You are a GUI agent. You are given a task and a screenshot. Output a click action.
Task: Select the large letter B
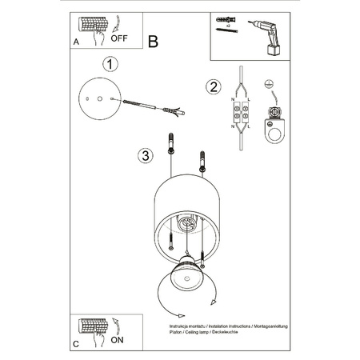point(154,42)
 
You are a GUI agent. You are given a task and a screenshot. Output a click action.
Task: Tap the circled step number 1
point(112,63)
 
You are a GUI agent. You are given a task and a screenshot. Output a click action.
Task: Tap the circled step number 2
point(212,87)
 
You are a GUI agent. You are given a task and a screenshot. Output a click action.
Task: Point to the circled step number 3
point(144,155)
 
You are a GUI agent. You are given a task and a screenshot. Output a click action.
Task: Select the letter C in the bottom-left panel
point(75,342)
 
